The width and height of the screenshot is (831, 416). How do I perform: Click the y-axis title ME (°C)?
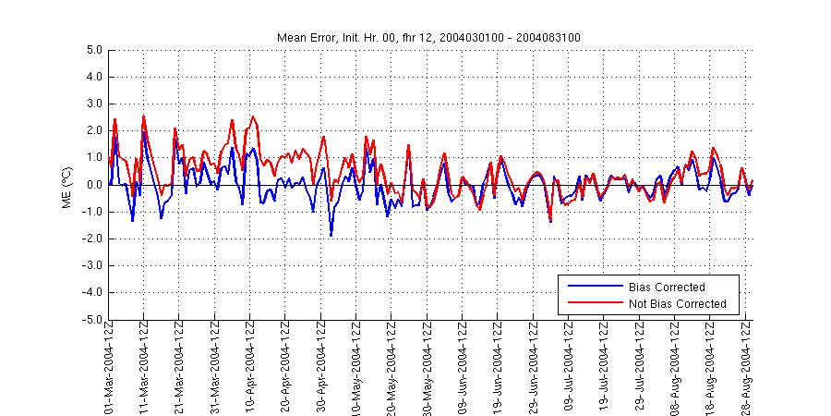click(x=66, y=185)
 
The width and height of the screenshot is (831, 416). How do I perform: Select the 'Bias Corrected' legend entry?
click(x=666, y=287)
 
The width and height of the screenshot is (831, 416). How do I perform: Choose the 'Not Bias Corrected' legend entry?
click(x=677, y=303)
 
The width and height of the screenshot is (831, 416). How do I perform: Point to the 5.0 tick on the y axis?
click(x=92, y=50)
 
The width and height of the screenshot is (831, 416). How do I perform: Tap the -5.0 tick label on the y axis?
click(x=90, y=320)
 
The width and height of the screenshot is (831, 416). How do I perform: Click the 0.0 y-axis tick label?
click(x=92, y=185)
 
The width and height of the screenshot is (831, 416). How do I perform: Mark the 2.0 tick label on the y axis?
click(x=92, y=131)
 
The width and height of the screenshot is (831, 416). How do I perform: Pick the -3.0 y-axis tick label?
click(x=90, y=266)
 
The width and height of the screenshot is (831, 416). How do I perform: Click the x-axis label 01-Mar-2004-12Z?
click(x=109, y=368)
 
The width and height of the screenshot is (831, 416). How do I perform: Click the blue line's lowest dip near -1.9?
click(x=331, y=236)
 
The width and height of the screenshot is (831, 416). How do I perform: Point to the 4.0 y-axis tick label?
click(x=92, y=77)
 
